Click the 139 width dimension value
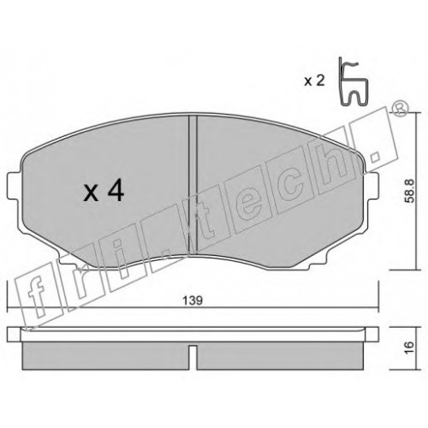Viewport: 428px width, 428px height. point(193,300)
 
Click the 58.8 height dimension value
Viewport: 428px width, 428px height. point(410,191)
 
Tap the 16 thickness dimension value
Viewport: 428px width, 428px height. point(409,348)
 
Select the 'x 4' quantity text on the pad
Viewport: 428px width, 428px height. point(104,192)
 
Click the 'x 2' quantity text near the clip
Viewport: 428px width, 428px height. point(314,81)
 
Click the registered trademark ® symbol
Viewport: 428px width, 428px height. point(401,109)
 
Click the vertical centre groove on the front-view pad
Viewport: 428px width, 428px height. point(193,184)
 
